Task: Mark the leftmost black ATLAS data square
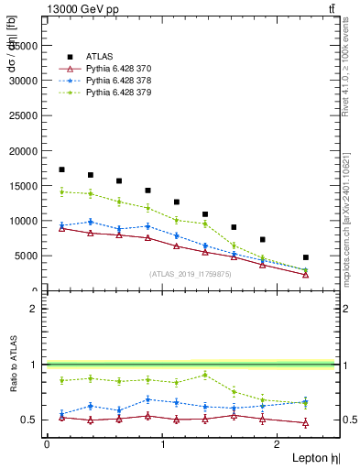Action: [61, 169]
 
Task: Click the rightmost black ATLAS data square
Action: [305, 257]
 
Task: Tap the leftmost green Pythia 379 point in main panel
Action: [61, 191]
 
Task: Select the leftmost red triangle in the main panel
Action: [61, 228]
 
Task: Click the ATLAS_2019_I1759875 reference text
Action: [189, 274]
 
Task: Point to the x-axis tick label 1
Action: [163, 444]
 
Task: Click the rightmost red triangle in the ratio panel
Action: [305, 423]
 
